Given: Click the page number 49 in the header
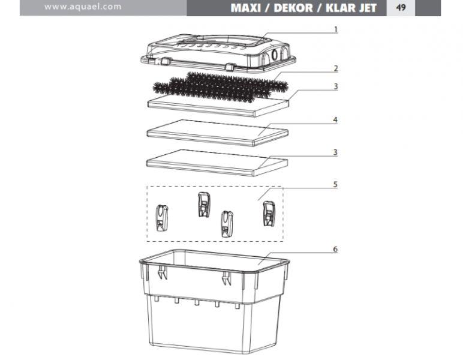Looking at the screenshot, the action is click(401, 7).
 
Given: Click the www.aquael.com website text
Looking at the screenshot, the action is click(83, 7).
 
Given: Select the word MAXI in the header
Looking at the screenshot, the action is click(246, 8).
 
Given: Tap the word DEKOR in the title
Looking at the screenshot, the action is click(292, 8).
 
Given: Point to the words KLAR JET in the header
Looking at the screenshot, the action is click(351, 8).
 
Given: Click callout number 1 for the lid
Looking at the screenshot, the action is click(336, 29).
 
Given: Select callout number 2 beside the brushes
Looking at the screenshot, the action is click(336, 68).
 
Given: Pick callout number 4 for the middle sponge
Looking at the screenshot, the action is click(335, 120).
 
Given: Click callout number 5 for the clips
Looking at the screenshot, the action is click(335, 185).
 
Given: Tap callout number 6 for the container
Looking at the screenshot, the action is click(335, 249).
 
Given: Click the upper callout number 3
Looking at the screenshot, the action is click(336, 86).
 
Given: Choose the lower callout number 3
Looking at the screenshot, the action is click(335, 152).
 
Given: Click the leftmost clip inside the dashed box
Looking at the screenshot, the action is click(162, 218).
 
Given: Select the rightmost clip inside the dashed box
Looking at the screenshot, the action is click(269, 214).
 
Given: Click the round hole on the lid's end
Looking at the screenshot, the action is click(275, 55).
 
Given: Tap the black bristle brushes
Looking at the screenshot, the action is click(220, 87).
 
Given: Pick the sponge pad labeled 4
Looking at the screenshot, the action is click(218, 133).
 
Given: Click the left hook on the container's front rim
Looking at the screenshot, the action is click(162, 272).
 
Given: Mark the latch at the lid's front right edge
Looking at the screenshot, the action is click(230, 67).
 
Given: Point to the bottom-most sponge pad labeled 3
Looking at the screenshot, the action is click(217, 163).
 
